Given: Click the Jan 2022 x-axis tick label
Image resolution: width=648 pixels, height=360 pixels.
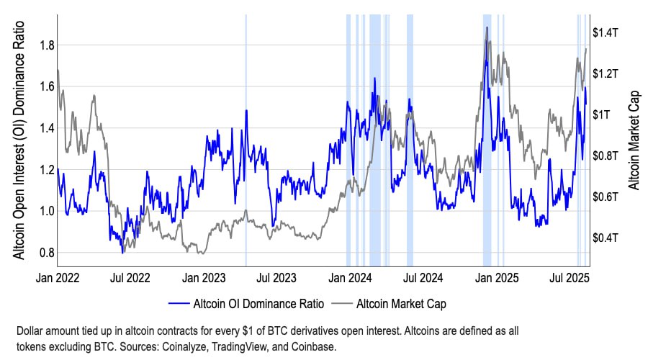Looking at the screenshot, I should pos(58,276).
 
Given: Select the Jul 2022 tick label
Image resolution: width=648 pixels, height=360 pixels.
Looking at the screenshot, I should pos(131,276).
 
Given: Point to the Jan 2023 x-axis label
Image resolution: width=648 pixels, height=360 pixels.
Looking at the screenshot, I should pos(204,276).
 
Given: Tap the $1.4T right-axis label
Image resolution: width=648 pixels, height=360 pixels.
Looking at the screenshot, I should pos(606,32).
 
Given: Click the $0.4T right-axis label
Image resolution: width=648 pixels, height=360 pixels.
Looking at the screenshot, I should pos(606,238).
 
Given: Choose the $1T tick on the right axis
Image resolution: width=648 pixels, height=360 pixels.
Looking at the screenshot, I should pos(601,114).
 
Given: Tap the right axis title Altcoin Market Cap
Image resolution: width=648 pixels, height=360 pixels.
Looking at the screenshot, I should pos(634,140).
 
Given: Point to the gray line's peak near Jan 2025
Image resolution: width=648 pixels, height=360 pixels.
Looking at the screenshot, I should pos(487,27).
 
